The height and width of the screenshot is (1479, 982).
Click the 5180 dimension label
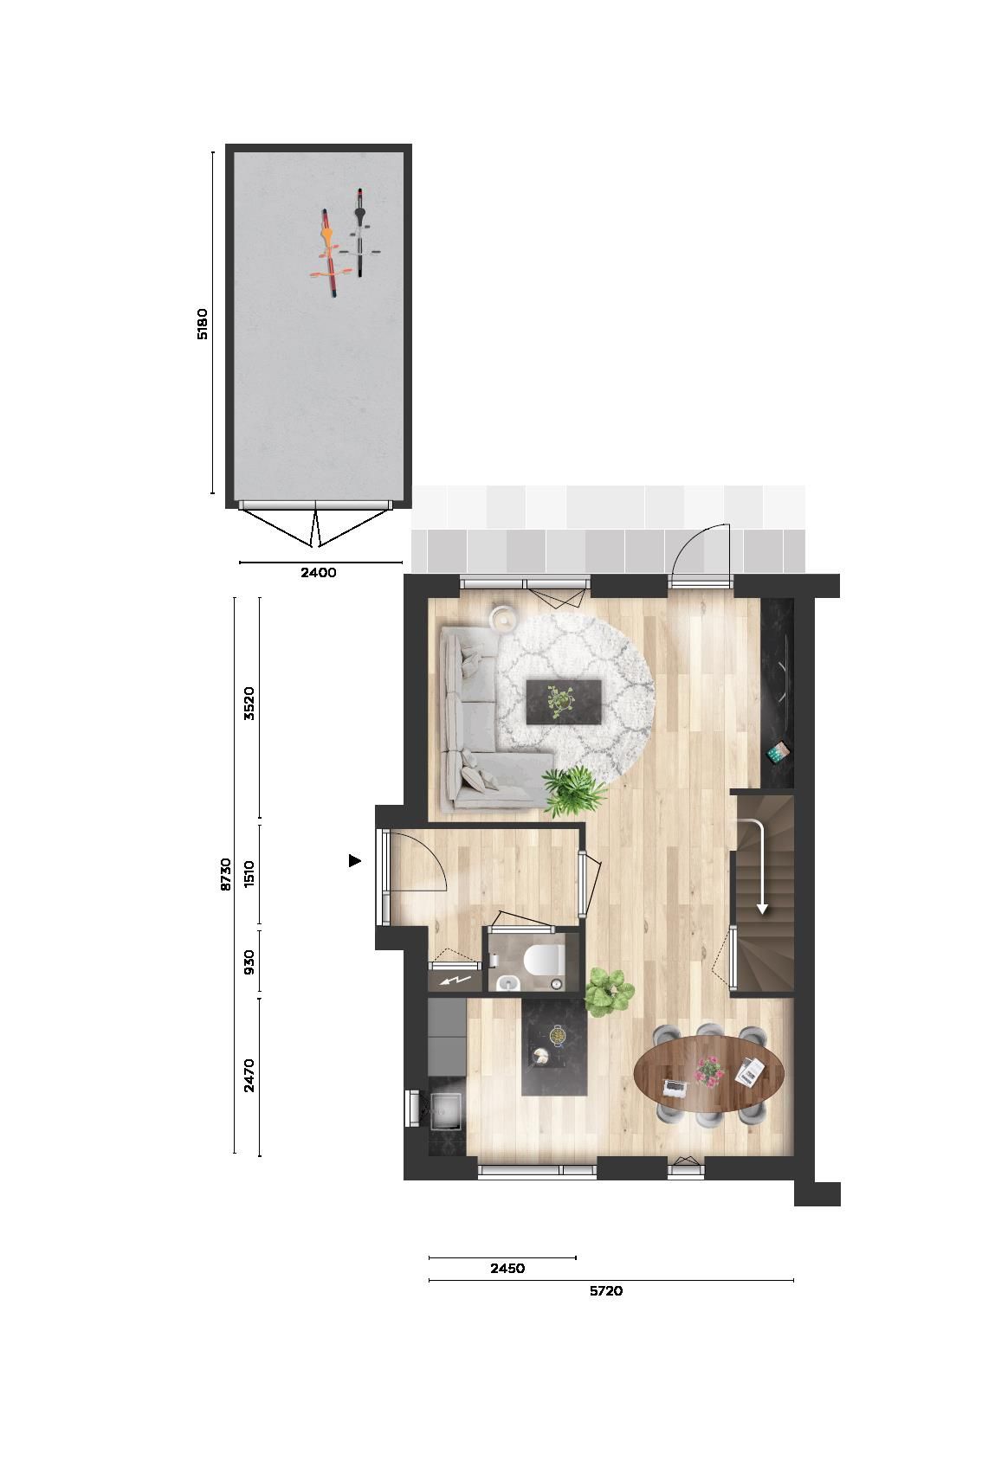(203, 322)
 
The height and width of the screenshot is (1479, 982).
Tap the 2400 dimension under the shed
(318, 572)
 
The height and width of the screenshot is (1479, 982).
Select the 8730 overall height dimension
(225, 874)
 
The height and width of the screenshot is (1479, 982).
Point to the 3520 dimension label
(249, 703)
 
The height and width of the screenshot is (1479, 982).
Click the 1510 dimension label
(249, 874)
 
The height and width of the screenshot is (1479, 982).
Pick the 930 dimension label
(249, 961)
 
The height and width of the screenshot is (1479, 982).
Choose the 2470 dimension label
(249, 1076)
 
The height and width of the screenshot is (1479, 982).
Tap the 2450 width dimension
(507, 1269)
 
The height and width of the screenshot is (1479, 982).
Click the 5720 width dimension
(606, 1291)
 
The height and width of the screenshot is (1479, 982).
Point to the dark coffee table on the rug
(564, 700)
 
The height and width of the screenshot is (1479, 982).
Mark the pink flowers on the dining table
(709, 1069)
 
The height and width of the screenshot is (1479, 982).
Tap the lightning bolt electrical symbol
(455, 981)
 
